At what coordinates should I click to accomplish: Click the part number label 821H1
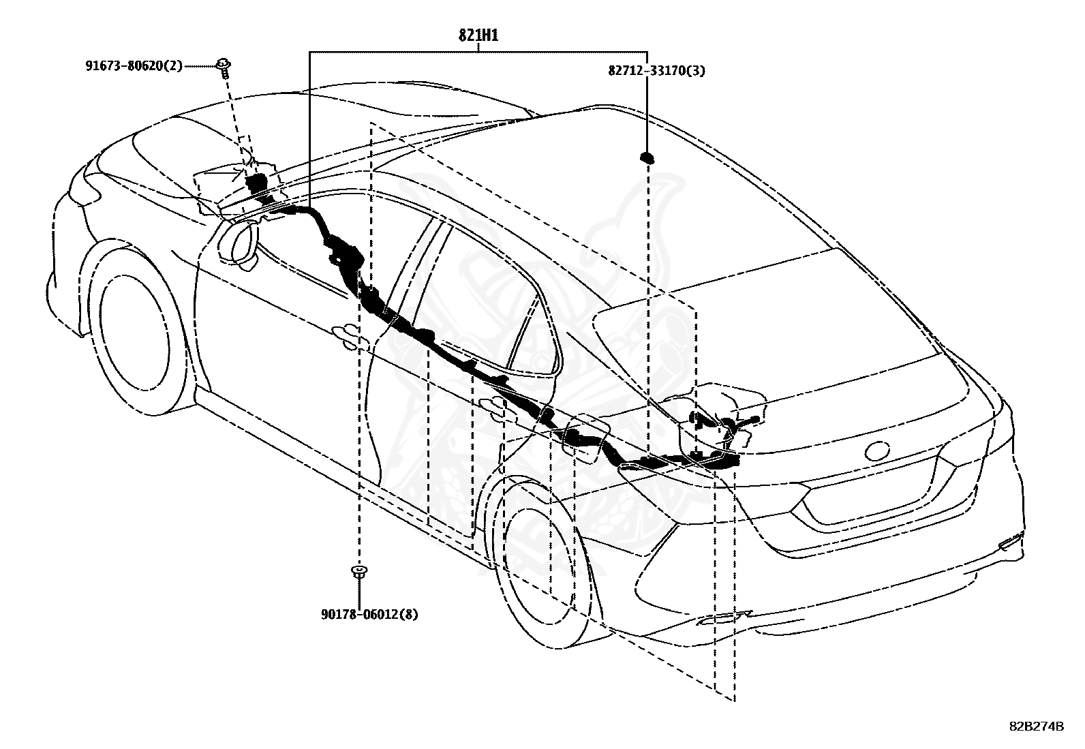(x=478, y=35)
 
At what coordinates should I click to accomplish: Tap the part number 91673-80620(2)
(x=134, y=66)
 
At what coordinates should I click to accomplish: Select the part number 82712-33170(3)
(x=656, y=70)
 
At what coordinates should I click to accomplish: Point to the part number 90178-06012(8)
(x=369, y=615)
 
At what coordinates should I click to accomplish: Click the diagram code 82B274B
(x=1036, y=726)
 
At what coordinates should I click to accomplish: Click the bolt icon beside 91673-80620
(x=223, y=66)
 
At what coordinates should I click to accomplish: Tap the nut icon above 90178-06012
(x=357, y=571)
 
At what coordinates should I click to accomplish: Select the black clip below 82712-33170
(x=646, y=158)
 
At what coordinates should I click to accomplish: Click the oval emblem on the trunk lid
(x=876, y=450)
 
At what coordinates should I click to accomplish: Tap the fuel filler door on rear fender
(x=586, y=436)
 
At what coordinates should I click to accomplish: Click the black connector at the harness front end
(x=256, y=183)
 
